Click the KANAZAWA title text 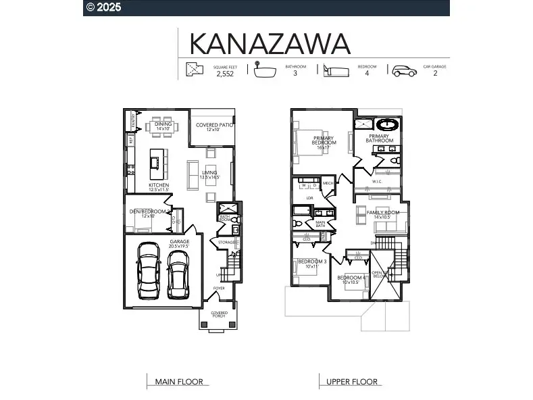[x=270, y=43]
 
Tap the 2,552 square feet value [x=225, y=74]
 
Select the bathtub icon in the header [x=266, y=71]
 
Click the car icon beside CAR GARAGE [x=405, y=71]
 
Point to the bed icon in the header [x=336, y=71]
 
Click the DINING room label [x=163, y=124]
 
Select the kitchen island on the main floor [x=156, y=161]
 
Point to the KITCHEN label [x=159, y=185]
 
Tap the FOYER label [x=219, y=289]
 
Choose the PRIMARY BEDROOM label [x=324, y=140]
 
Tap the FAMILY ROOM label [x=382, y=213]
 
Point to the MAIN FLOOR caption [x=179, y=382]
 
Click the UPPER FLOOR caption [x=352, y=382]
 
